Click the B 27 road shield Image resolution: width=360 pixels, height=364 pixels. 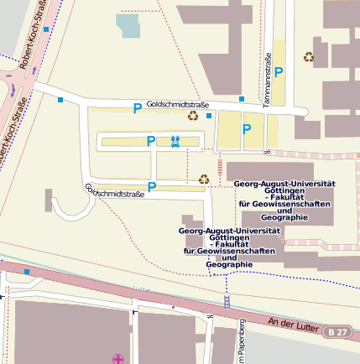(x=337, y=333)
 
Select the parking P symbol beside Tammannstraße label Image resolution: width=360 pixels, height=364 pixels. (x=279, y=73)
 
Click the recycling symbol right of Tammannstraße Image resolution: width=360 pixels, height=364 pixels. (x=309, y=57)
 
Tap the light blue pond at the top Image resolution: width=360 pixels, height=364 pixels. (x=129, y=26)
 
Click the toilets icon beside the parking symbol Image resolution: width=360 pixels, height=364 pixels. (x=175, y=141)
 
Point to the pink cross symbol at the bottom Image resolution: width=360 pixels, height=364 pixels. (x=118, y=359)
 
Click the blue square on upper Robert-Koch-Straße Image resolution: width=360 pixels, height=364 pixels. (x=46, y=29)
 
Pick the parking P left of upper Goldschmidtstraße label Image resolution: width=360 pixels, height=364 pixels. (x=137, y=107)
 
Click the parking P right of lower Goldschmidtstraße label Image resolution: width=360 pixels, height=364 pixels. (x=152, y=186)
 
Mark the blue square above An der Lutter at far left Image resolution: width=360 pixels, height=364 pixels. (x=27, y=272)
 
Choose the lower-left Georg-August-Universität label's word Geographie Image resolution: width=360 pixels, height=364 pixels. (x=228, y=265)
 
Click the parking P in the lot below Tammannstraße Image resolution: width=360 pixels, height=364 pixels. (x=247, y=128)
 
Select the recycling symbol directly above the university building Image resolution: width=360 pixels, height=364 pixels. (x=203, y=179)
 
